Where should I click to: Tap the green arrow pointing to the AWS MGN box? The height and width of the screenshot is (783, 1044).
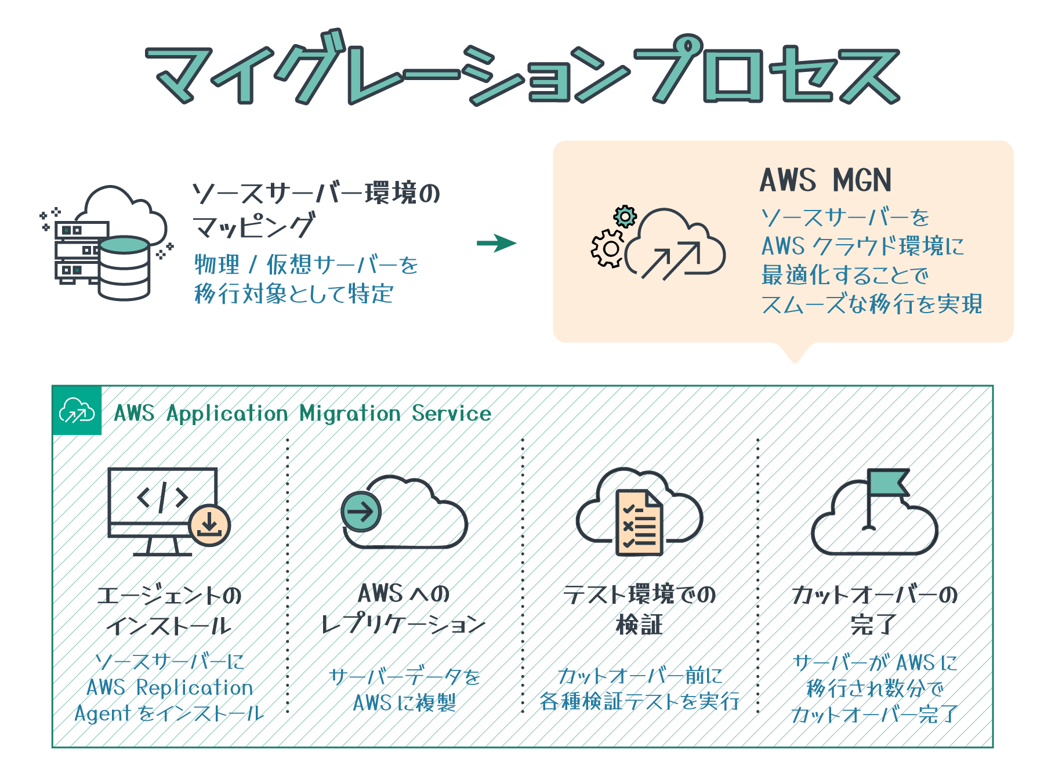point(496,243)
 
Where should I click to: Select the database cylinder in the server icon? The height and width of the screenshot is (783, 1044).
point(124,268)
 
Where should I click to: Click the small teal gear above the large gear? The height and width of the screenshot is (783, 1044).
point(625,217)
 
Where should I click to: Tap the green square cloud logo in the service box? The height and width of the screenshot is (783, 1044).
point(77,411)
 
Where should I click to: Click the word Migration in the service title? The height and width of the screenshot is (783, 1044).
point(350,414)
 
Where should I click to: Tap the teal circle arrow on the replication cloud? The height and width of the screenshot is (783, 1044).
point(361,512)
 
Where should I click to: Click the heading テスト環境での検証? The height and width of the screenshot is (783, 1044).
point(639,609)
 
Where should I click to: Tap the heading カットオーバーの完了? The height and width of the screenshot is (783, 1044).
point(874,609)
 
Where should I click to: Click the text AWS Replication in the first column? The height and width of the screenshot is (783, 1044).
point(169,688)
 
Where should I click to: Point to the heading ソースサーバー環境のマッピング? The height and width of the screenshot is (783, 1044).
point(316,209)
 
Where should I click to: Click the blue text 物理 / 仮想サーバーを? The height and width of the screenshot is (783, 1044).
point(306,265)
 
